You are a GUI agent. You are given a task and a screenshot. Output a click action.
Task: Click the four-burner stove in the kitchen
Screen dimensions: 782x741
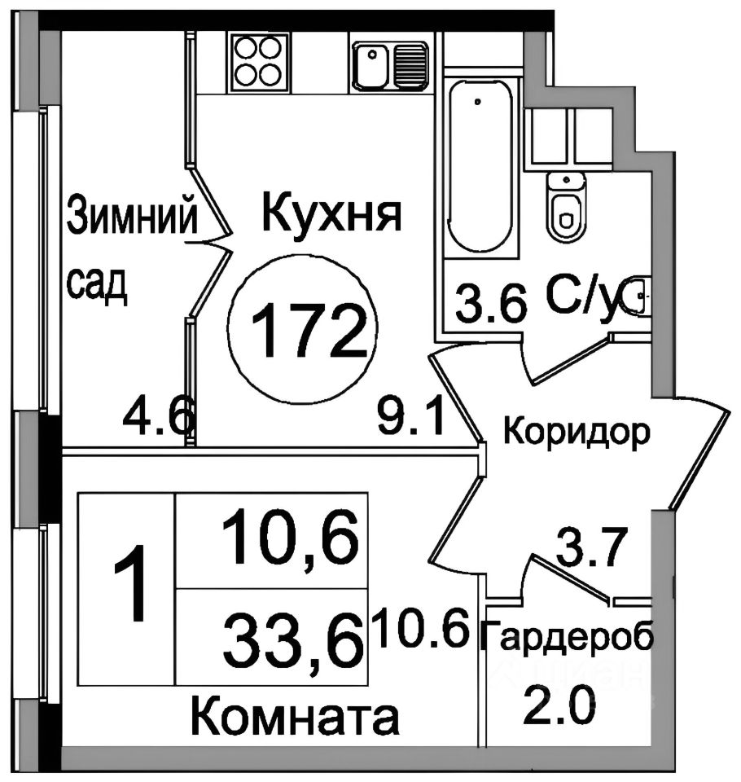click(x=260, y=60)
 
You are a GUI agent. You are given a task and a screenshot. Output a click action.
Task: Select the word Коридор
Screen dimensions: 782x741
click(x=577, y=431)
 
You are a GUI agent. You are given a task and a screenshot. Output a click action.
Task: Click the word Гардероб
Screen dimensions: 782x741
click(x=568, y=638)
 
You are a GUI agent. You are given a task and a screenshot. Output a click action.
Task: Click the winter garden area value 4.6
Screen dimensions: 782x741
click(x=158, y=421)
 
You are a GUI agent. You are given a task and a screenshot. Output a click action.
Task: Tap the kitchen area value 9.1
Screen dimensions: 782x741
click(x=410, y=421)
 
